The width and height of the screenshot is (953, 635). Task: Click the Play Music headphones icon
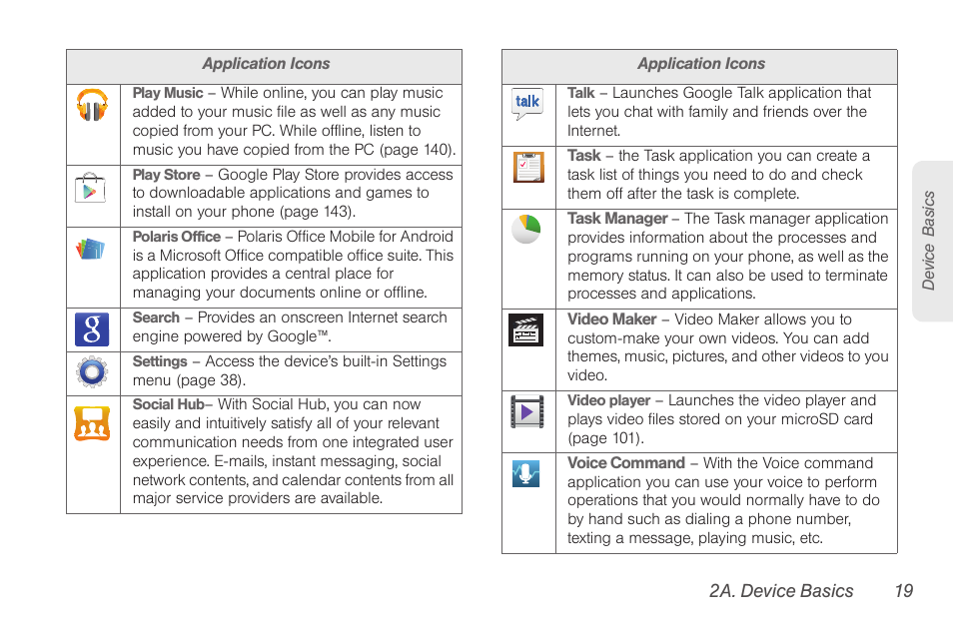pos(93,106)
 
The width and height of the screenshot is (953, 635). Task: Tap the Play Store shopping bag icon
pos(90,187)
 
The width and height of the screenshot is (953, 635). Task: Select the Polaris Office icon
pos(91,249)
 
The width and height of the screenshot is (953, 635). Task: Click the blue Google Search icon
pos(92,328)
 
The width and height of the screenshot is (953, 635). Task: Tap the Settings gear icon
pos(92,372)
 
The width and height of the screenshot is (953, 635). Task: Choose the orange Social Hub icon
pos(92,423)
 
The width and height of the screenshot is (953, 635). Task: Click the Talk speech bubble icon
pos(527,104)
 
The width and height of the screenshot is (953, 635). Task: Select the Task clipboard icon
pos(528,167)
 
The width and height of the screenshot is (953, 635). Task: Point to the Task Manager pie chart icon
pos(526,229)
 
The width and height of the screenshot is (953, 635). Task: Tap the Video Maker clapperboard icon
pos(526,330)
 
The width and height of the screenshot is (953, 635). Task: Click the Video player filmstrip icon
pos(527,411)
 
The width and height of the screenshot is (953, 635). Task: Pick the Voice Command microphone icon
pos(526,473)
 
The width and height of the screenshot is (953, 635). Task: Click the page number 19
pos(903,591)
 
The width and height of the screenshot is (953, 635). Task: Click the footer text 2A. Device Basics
pos(781,591)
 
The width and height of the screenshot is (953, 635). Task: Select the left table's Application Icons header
pos(266,64)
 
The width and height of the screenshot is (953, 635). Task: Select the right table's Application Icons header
pos(701,64)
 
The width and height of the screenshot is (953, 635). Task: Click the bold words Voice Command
pos(626,463)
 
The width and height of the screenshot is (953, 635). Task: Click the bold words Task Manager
pos(617,219)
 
